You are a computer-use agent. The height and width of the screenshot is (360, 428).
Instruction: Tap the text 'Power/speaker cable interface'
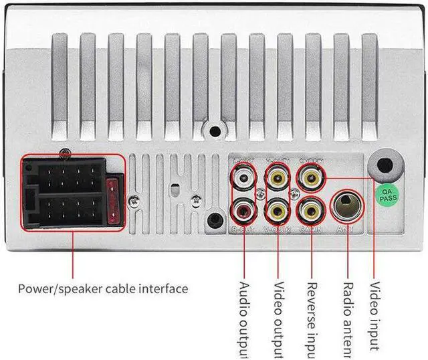coord(102,289)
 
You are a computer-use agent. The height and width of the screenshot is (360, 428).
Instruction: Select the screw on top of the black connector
coord(63,153)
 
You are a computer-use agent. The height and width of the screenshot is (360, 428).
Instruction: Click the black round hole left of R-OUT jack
coord(215,219)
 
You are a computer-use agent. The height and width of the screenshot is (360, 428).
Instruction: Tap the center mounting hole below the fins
coord(214,132)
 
